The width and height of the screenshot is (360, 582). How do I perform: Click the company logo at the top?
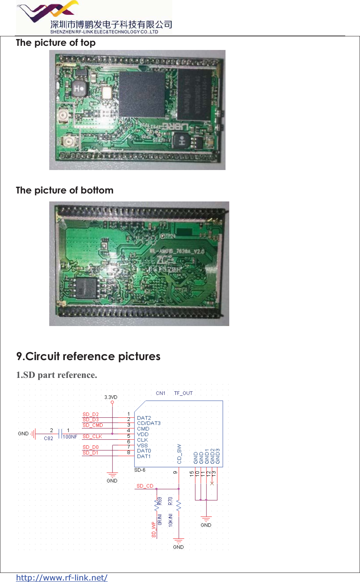tap(94, 17)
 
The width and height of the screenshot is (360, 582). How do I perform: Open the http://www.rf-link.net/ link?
tap(62, 577)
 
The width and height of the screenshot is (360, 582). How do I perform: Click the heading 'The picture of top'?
tap(56, 43)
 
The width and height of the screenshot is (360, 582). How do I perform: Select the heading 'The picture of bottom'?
tap(64, 190)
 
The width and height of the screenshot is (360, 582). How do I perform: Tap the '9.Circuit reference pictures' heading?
tap(88, 357)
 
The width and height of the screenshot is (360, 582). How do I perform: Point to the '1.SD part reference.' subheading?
tap(56, 375)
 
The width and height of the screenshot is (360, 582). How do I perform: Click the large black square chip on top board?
tap(142, 94)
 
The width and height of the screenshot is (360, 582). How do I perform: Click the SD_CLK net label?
tap(92, 437)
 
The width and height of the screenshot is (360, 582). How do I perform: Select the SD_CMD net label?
tap(92, 425)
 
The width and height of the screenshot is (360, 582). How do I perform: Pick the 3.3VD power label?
tap(111, 397)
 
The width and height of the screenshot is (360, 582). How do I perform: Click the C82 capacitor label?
tap(49, 438)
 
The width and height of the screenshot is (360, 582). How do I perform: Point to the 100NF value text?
tap(70, 437)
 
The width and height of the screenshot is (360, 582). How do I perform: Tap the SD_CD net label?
tap(145, 486)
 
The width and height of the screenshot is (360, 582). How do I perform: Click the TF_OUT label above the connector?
tap(183, 393)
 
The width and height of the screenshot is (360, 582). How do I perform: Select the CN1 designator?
tap(161, 393)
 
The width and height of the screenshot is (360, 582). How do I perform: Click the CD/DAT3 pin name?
tap(149, 423)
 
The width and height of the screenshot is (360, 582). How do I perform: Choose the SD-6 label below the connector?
tap(140, 470)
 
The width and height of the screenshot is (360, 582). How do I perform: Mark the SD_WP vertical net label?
tap(153, 529)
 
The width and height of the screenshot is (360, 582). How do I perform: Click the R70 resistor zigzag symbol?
tap(179, 506)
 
